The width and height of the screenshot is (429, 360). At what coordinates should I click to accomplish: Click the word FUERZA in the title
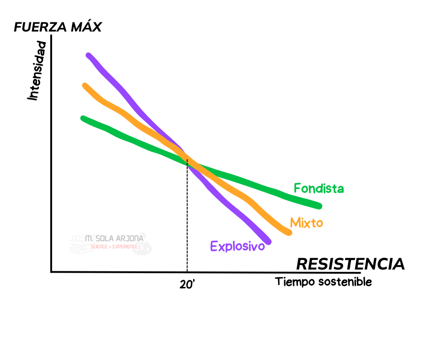(40, 27)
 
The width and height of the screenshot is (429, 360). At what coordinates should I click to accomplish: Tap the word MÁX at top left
(86, 27)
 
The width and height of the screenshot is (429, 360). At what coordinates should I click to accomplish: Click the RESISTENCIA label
(350, 264)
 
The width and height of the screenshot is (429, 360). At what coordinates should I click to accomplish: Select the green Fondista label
(319, 188)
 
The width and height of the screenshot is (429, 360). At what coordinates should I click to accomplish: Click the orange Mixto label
(306, 223)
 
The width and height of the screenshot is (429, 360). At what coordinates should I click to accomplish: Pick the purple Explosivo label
(237, 247)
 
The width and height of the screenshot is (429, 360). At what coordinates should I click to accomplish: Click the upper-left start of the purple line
(89, 56)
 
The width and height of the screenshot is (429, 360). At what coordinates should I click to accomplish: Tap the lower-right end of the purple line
(268, 241)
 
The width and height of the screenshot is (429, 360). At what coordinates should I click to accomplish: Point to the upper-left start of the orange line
(85, 86)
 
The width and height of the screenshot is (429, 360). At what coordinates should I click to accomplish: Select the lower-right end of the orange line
(289, 233)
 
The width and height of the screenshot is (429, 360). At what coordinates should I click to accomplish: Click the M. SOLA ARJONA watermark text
(114, 238)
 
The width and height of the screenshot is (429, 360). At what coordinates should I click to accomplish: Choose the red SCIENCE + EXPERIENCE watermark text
(114, 246)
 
